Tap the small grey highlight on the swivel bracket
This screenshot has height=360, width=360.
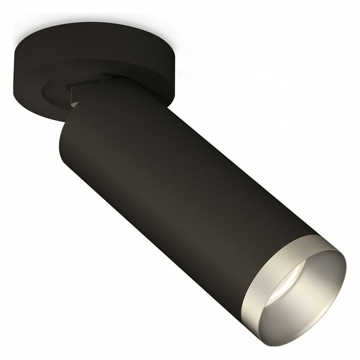(75, 102)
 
